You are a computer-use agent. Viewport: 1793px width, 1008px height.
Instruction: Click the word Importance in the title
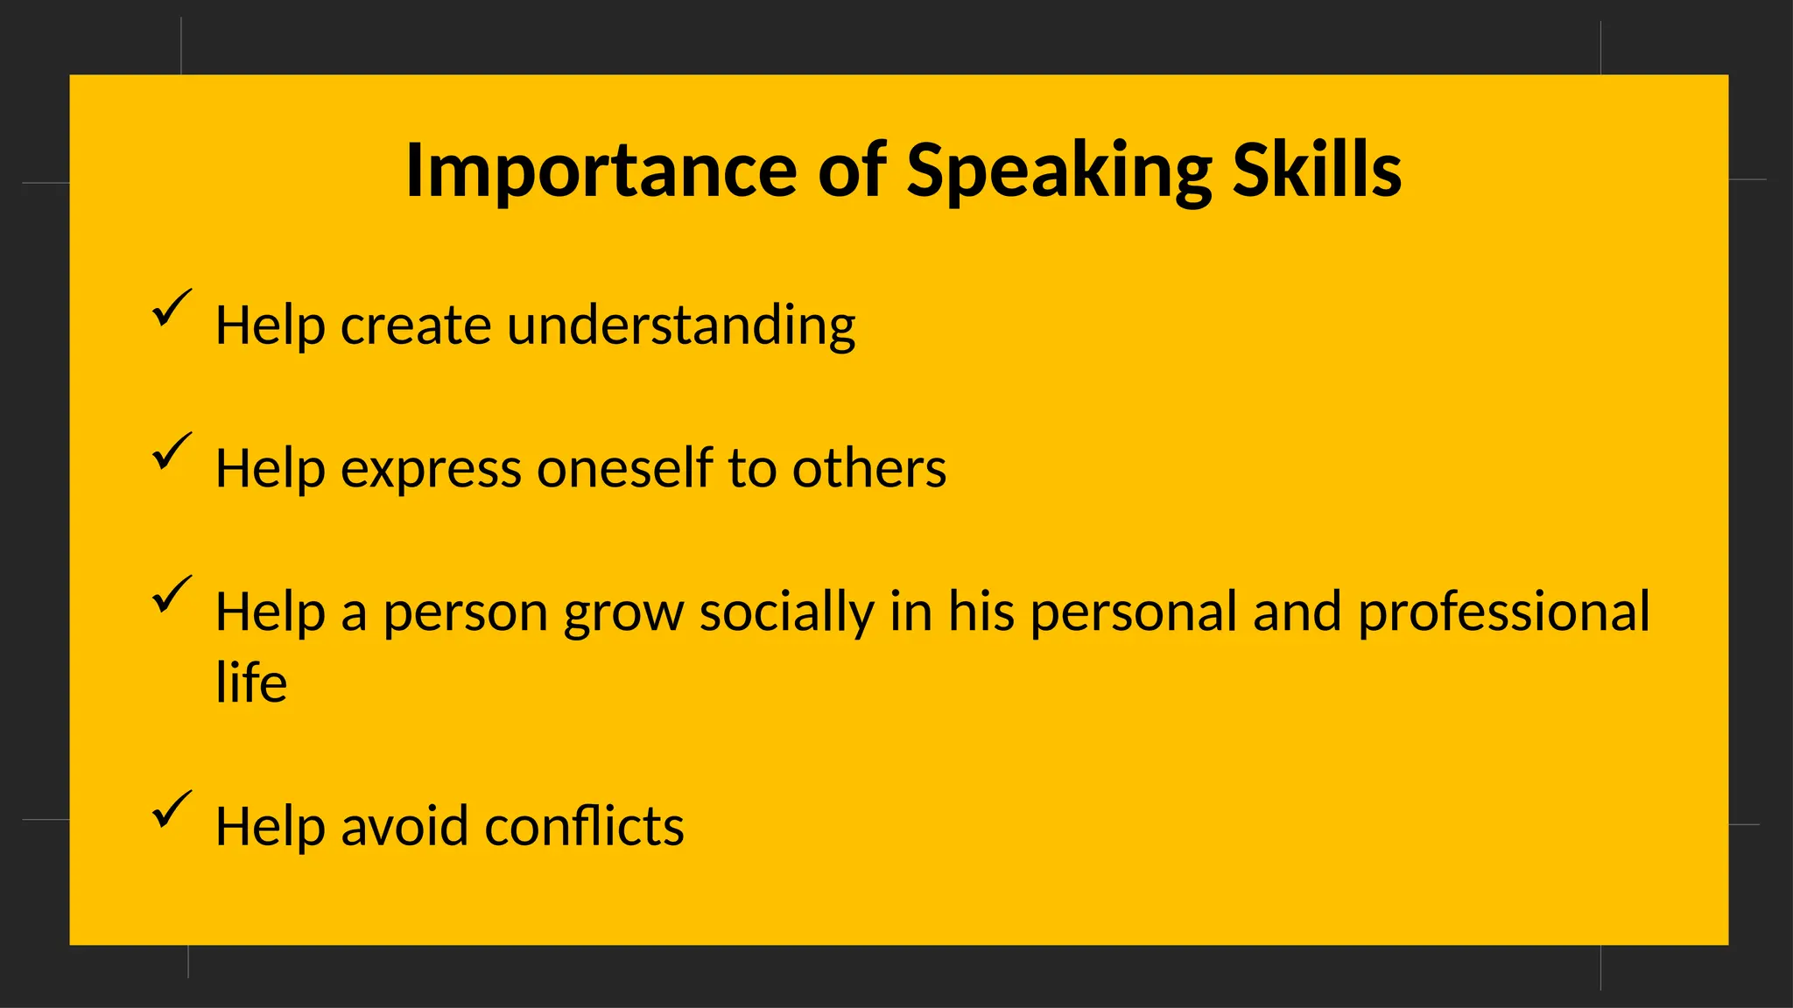(x=601, y=171)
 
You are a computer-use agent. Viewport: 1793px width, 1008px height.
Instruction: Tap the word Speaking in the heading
(x=1058, y=171)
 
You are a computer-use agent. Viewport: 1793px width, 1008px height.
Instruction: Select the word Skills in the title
(x=1317, y=171)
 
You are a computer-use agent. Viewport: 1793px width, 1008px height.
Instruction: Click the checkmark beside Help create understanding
(x=171, y=309)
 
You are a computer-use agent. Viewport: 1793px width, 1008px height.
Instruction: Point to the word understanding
(x=680, y=326)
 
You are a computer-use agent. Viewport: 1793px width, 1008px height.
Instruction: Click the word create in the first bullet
(x=415, y=326)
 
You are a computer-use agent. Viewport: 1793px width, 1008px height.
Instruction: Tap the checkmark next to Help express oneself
(x=171, y=451)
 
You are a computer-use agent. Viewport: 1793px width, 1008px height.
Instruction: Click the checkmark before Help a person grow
(x=171, y=595)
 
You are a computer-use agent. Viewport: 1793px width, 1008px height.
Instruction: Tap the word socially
(x=786, y=612)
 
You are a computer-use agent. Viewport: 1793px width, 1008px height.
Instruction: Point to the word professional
(x=1503, y=612)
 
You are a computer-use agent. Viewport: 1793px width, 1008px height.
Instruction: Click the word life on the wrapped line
(x=251, y=683)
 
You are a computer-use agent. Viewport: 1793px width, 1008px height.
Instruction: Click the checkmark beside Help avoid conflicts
(x=171, y=809)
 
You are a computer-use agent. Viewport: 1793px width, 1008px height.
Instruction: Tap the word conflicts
(x=584, y=827)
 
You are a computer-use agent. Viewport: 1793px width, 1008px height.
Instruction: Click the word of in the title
(x=852, y=171)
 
